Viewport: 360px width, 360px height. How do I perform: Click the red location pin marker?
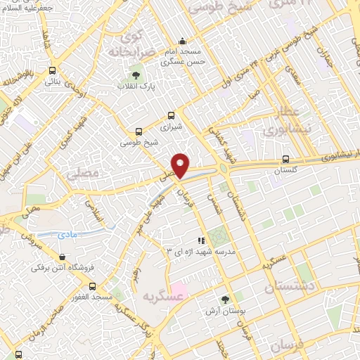pos(181,165)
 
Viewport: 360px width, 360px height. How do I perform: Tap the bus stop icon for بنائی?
pos(53,70)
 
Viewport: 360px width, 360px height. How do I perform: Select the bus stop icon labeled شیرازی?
pos(171,116)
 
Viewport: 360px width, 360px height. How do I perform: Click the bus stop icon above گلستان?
pos(285,159)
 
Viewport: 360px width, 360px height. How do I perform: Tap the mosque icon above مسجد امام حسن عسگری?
pos(182,40)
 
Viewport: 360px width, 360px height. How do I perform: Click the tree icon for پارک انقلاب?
pos(134,75)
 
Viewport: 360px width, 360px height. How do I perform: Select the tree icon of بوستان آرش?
pos(225,299)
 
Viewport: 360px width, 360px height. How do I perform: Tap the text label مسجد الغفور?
pos(91,297)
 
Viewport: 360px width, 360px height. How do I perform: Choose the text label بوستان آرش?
pos(224,311)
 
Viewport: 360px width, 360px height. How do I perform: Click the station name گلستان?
pos(285,171)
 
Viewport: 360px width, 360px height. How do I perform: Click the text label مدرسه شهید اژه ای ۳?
pos(200,251)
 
